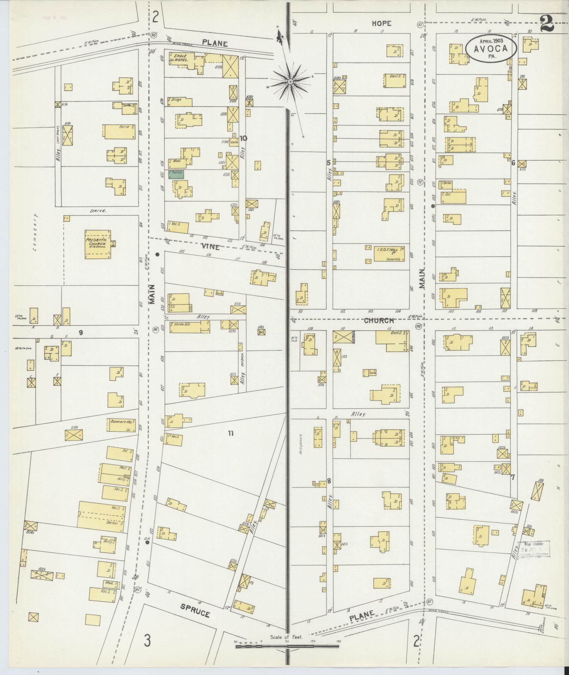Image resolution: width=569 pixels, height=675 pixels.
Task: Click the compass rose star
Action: point(290,82)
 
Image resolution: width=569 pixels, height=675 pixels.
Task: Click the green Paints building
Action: point(176,174)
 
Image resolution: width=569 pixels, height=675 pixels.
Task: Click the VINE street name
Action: point(210,247)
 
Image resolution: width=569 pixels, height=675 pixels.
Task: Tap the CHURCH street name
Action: point(379,321)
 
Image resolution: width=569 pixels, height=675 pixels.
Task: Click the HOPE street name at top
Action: point(381,24)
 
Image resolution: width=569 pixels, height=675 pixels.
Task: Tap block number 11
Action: point(231,433)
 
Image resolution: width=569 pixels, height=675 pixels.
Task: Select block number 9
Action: point(81,332)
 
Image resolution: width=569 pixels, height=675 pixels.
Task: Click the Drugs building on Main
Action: point(180,102)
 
